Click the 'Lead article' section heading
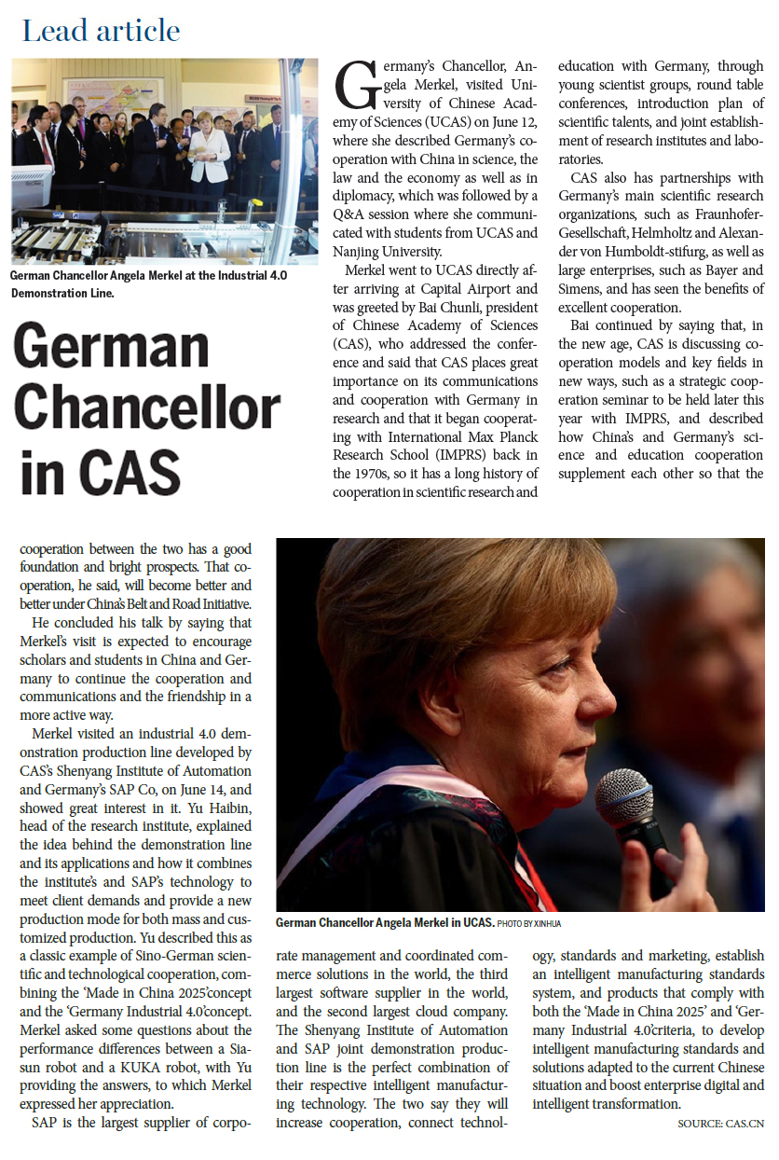(101, 31)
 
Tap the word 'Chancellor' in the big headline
(147, 407)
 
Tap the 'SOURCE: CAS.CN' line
(720, 1124)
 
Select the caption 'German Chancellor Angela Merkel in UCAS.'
(385, 922)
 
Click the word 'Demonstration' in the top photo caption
(52, 292)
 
